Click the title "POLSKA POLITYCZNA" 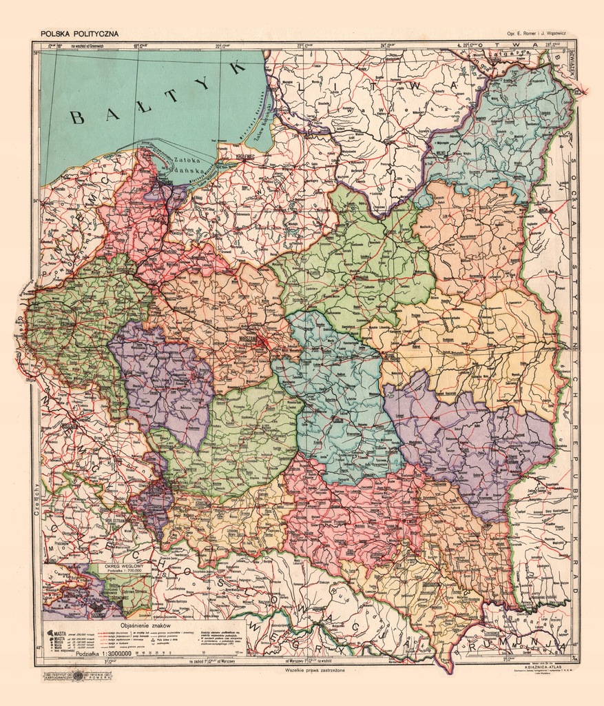[79, 33]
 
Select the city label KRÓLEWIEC [244, 157]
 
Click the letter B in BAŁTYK [78, 117]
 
